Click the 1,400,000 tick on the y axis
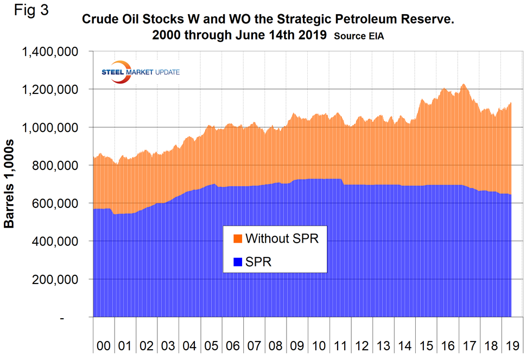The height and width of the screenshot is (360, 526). (x=49, y=52)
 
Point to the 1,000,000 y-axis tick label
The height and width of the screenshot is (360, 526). (x=49, y=128)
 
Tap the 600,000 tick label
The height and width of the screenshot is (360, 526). (x=56, y=204)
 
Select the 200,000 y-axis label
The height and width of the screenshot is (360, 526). (x=56, y=280)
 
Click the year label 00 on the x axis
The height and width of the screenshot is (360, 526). (x=103, y=346)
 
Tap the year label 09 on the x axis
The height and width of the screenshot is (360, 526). (x=297, y=346)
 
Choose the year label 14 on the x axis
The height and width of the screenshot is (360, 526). (x=404, y=346)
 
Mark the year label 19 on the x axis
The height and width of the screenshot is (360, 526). (x=511, y=346)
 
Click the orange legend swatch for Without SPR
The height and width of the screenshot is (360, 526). (x=238, y=239)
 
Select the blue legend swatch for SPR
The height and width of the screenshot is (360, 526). (x=238, y=262)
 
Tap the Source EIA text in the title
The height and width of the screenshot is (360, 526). (x=359, y=36)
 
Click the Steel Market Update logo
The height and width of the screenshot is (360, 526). (x=141, y=73)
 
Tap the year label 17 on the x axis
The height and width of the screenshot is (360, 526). (x=468, y=346)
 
